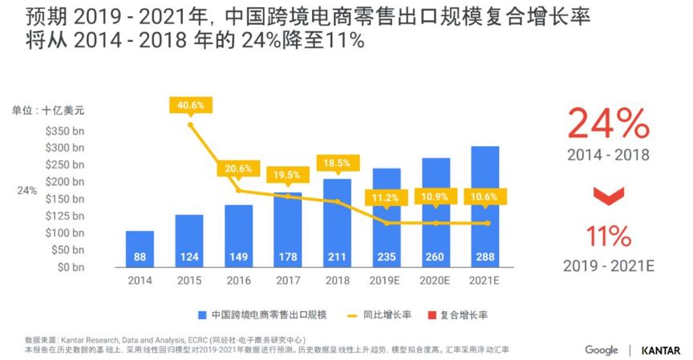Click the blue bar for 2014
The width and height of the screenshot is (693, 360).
[x=140, y=249]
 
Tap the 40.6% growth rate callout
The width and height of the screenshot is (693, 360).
[x=190, y=105]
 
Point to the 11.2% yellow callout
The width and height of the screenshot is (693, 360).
[x=386, y=197]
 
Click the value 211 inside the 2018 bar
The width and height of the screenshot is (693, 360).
[x=337, y=257]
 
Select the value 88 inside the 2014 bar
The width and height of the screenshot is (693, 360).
[x=140, y=257]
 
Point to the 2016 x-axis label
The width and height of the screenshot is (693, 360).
[x=238, y=280]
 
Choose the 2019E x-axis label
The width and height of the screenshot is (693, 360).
[x=386, y=280]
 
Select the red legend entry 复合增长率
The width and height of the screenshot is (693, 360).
[x=464, y=314]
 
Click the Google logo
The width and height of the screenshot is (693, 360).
[x=601, y=350]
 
